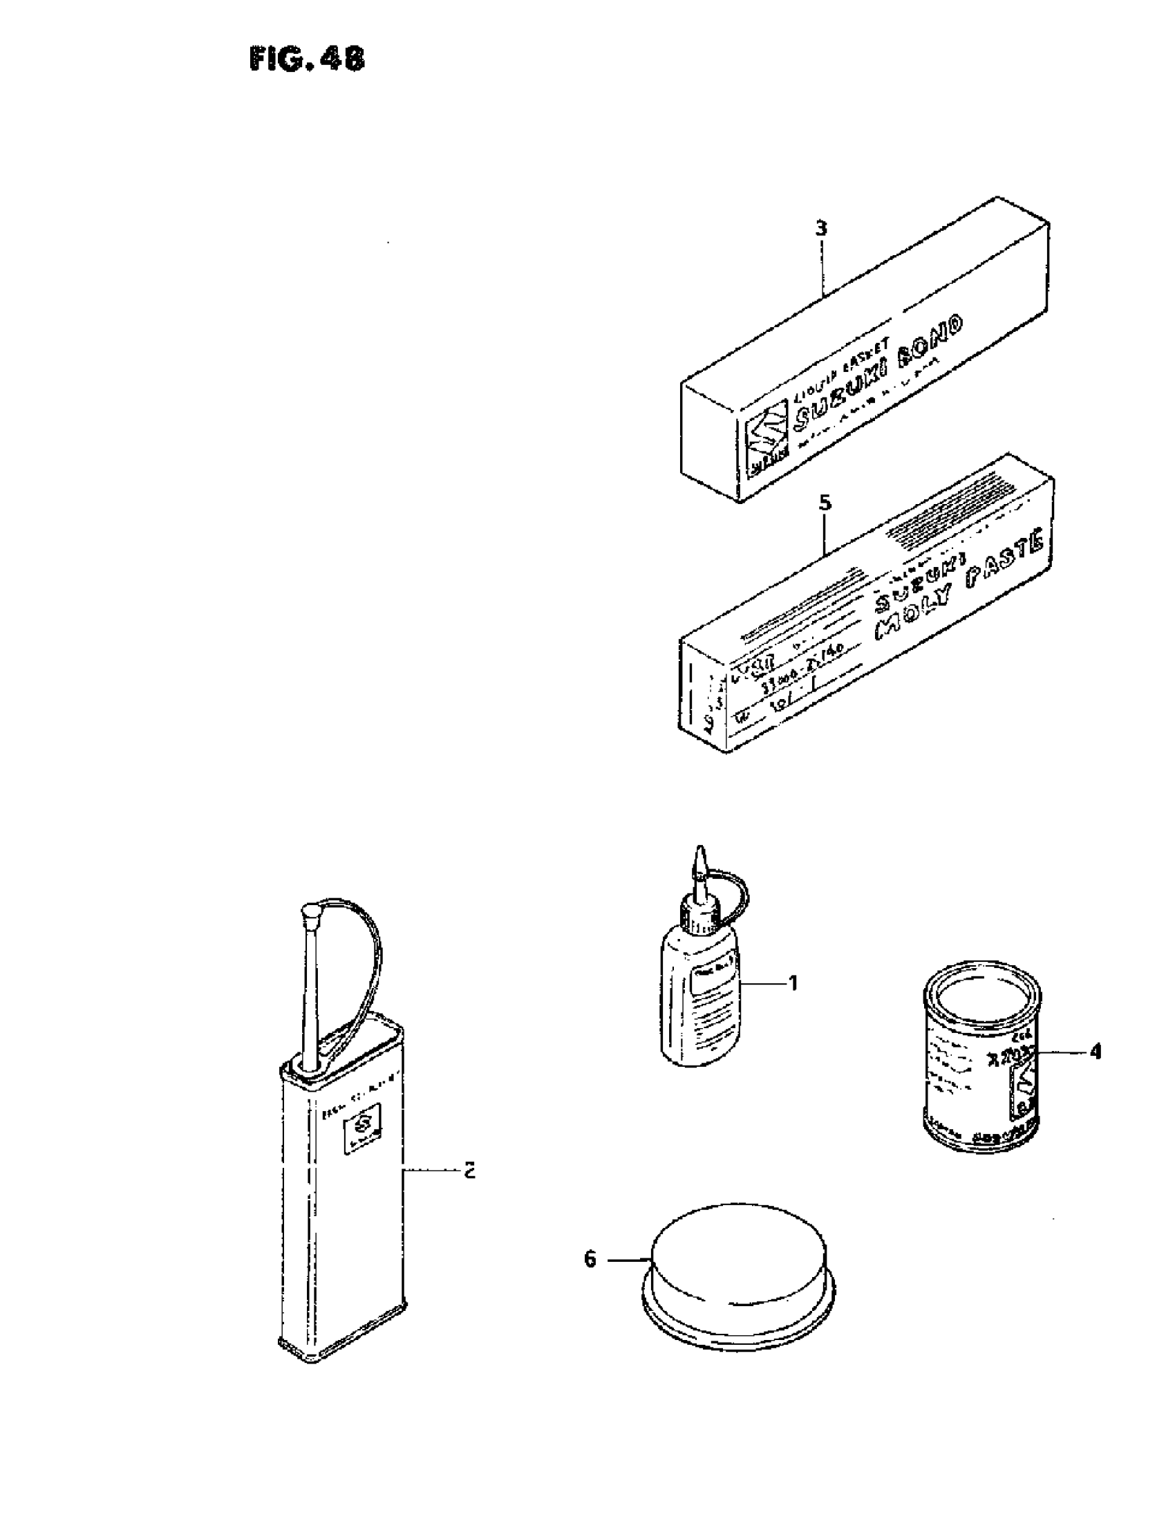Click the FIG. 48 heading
(307, 60)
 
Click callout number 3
(822, 227)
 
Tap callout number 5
(825, 503)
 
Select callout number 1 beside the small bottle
(793, 983)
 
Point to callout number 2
(470, 1170)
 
